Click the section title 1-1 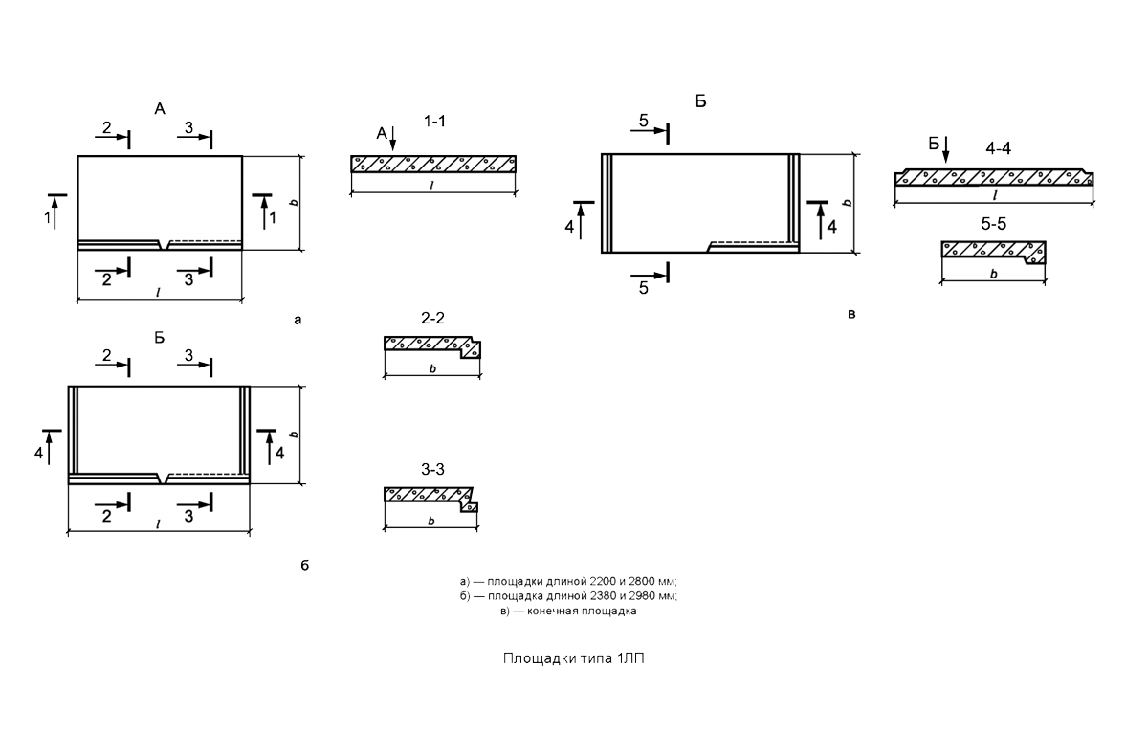coord(434,122)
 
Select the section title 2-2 coord(432,319)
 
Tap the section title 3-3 coord(432,469)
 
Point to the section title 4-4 coord(999,148)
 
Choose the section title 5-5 coord(994,224)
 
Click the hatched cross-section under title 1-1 coord(433,164)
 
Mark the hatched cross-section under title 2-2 coord(432,346)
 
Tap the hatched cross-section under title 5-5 coord(994,251)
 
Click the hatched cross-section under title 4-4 coord(994,177)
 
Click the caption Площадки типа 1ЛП coord(573,658)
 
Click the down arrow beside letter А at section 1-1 coord(393,139)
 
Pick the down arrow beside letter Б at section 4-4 coord(946,149)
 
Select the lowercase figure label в coord(851,314)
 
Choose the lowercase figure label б coord(305,566)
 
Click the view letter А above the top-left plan coord(160,109)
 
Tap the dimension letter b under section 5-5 coord(994,274)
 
